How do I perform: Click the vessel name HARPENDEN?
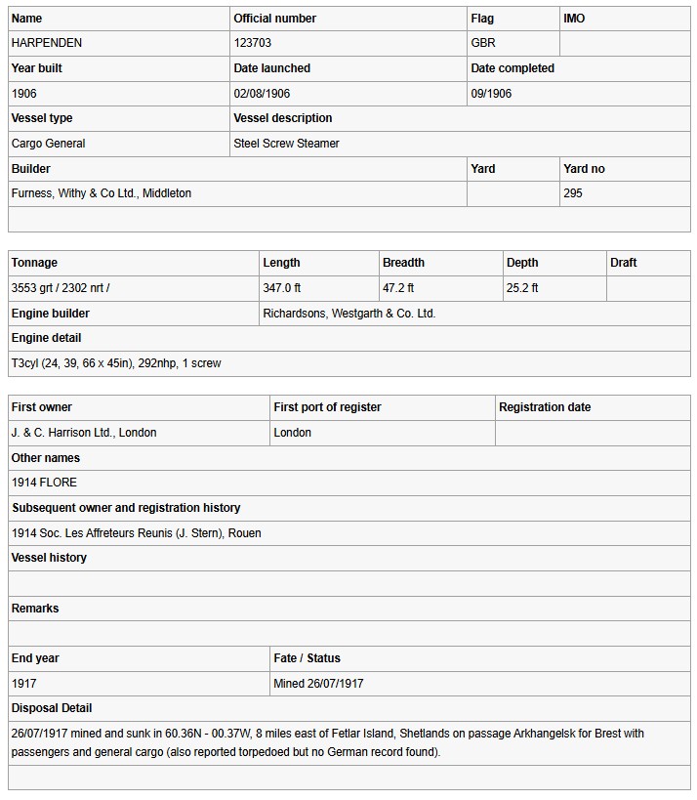click(x=47, y=43)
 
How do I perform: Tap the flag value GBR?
click(x=483, y=43)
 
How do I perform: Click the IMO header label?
click(x=574, y=19)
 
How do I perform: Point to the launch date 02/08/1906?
click(x=262, y=94)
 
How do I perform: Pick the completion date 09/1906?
click(x=491, y=94)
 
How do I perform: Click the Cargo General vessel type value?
click(x=49, y=144)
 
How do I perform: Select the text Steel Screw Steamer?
click(x=287, y=144)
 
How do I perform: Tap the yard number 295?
click(x=573, y=193)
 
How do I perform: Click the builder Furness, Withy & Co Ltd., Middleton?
click(x=102, y=193)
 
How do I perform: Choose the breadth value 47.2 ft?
click(x=398, y=288)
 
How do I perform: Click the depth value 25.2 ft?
click(x=522, y=288)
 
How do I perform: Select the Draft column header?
click(x=624, y=263)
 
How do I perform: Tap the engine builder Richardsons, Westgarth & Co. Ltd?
click(x=349, y=314)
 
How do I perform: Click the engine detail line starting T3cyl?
click(x=116, y=363)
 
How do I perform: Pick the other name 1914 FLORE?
click(x=44, y=483)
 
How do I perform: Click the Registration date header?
click(x=545, y=407)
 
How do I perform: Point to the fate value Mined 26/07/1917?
click(x=318, y=684)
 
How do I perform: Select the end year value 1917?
click(x=24, y=684)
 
